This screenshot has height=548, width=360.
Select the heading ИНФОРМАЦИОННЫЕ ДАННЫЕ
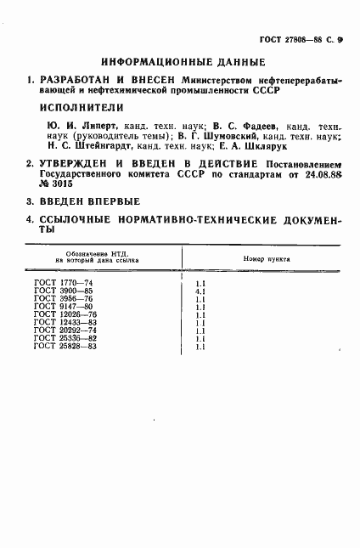click(x=183, y=62)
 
